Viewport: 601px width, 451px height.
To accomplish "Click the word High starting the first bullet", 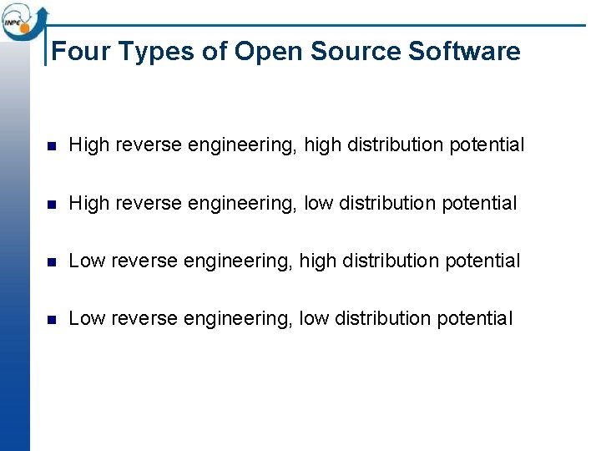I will tap(88, 145).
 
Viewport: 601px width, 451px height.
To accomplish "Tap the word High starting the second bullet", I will tap(88, 203).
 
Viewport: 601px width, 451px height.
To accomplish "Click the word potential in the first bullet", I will tap(487, 145).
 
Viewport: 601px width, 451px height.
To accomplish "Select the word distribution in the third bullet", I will tap(392, 261).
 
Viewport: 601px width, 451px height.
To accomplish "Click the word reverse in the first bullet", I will tap(149, 145).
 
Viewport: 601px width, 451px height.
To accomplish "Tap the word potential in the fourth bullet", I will tap(475, 318).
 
